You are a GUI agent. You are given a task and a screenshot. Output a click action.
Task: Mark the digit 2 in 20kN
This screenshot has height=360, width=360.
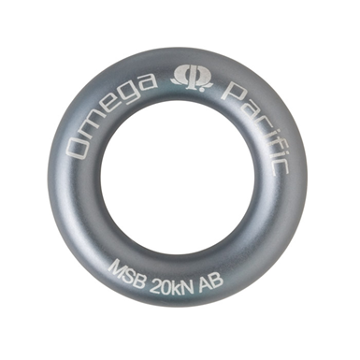tap(154, 281)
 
